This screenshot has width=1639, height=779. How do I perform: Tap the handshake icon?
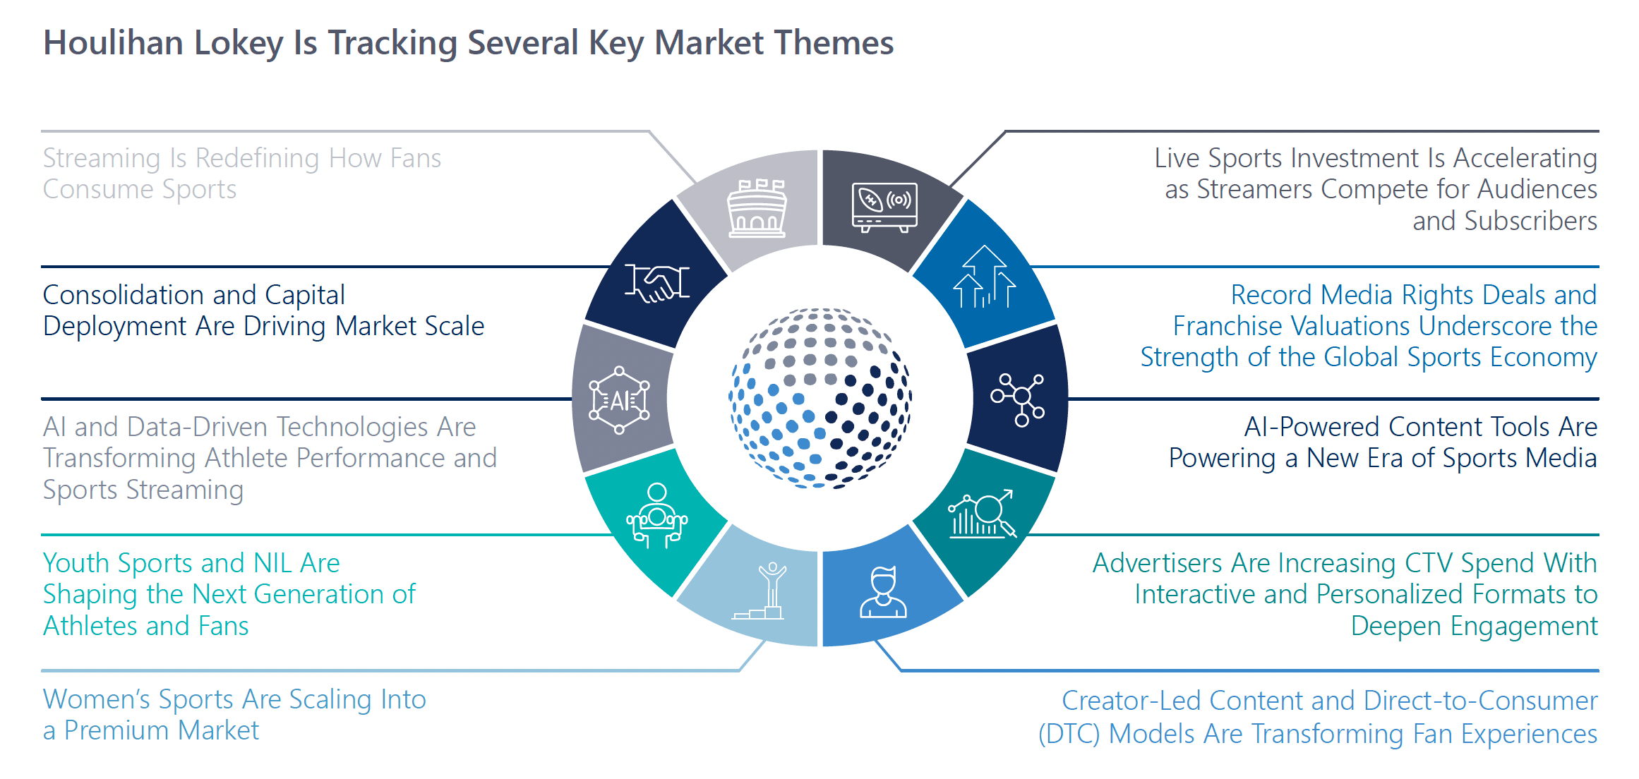657,284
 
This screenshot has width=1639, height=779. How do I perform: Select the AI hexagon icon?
619,401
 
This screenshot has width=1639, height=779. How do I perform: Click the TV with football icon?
884,207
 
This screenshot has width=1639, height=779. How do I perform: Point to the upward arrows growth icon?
984,277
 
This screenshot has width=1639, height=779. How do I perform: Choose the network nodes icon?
1018,399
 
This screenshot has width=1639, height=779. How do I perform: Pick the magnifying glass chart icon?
983,514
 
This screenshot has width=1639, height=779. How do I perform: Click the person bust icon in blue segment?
883,593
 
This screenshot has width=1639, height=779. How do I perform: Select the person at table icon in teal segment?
656,515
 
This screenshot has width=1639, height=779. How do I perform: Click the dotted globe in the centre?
819,398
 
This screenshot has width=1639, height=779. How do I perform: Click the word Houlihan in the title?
114,44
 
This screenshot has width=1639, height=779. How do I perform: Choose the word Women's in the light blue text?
96,700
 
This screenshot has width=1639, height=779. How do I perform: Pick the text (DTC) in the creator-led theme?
1069,735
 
